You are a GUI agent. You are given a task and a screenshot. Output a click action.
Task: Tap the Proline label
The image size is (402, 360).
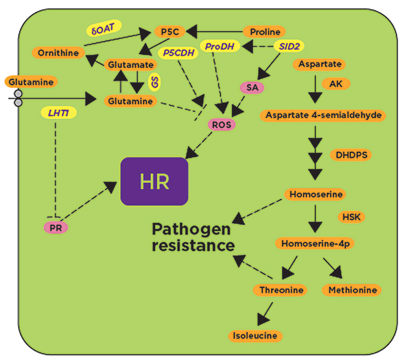pyautogui.click(x=265, y=32)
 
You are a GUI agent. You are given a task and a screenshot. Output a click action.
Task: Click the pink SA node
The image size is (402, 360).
pyautogui.click(x=252, y=87)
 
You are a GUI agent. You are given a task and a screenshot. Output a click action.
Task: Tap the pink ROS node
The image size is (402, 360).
pyautogui.click(x=221, y=123)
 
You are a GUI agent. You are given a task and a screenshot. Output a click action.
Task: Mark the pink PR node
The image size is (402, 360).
pyautogui.click(x=56, y=228)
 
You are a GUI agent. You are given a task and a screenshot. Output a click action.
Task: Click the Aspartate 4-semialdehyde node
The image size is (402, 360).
pyautogui.click(x=324, y=115)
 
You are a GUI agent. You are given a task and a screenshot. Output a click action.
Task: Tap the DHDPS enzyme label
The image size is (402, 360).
pyautogui.click(x=351, y=155)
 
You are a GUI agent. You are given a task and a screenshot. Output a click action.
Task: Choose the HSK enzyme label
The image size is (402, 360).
pyautogui.click(x=352, y=217)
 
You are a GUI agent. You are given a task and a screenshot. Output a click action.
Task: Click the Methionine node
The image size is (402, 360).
pyautogui.click(x=352, y=290)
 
